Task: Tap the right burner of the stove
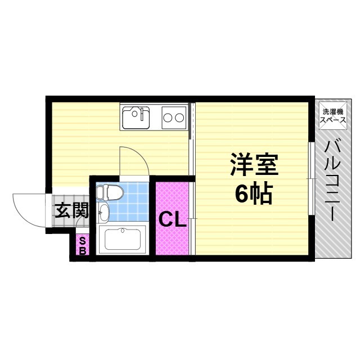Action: (x=180, y=118)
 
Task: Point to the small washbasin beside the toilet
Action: (x=103, y=212)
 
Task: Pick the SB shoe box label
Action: (x=83, y=245)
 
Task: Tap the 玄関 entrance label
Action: (x=71, y=211)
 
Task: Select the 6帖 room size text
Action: (x=253, y=194)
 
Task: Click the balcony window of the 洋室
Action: (x=311, y=178)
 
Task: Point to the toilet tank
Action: (x=101, y=193)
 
